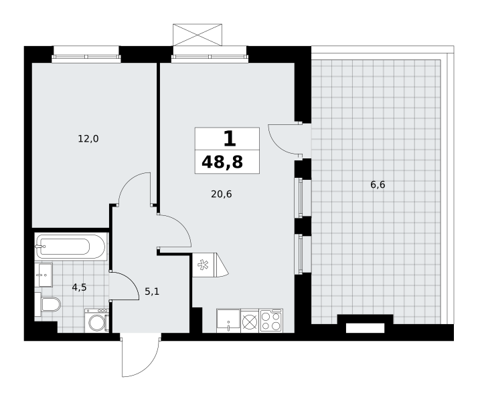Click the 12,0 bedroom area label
pos(88,139)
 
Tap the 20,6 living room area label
pos(222,194)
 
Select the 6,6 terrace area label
pos(378,184)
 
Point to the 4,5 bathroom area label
pos(79,287)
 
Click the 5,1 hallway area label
pos(152,292)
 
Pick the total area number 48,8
pos(222,162)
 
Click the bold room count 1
pos(230,138)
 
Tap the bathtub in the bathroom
pos(71,247)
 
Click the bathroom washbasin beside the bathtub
pos(44,275)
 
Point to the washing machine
pos(96,320)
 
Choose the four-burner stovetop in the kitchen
pos(271,321)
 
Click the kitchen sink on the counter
pos(228,321)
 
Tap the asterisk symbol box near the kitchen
pos(204,265)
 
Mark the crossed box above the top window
pos(197,35)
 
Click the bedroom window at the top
pos(86,57)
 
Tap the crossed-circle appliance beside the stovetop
pos(250,321)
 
